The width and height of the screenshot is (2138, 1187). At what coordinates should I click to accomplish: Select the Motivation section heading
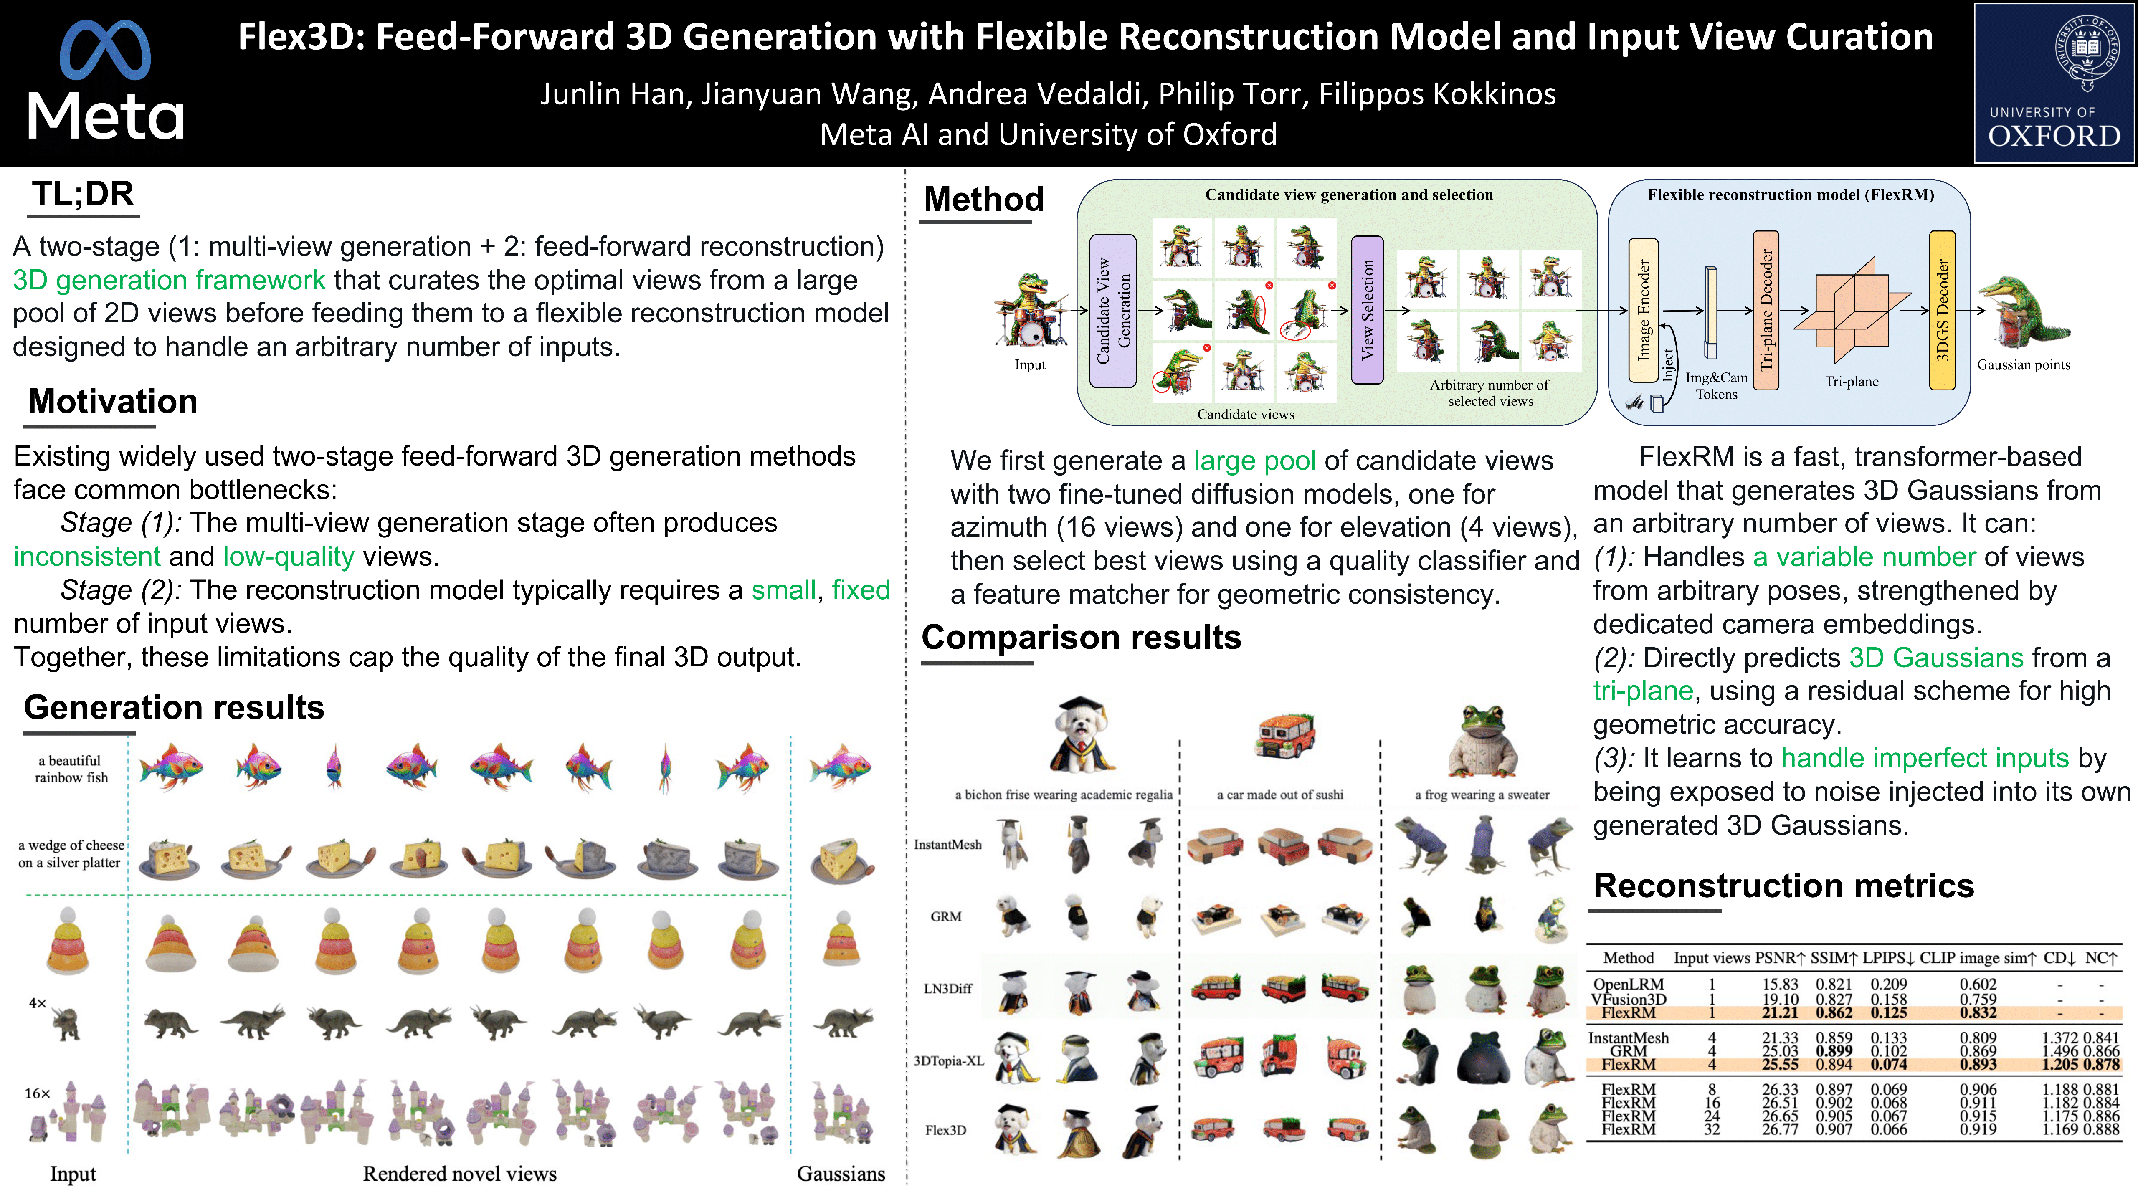[x=113, y=402]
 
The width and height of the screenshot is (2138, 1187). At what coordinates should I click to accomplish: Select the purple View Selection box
[x=1367, y=310]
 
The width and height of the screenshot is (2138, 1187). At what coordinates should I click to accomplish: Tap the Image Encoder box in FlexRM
[x=1643, y=310]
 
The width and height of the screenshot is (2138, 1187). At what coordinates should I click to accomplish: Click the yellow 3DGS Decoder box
[x=1942, y=310]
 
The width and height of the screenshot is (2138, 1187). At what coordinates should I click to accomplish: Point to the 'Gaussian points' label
[x=2024, y=364]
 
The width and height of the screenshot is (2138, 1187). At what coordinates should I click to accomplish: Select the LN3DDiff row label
[x=947, y=989]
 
